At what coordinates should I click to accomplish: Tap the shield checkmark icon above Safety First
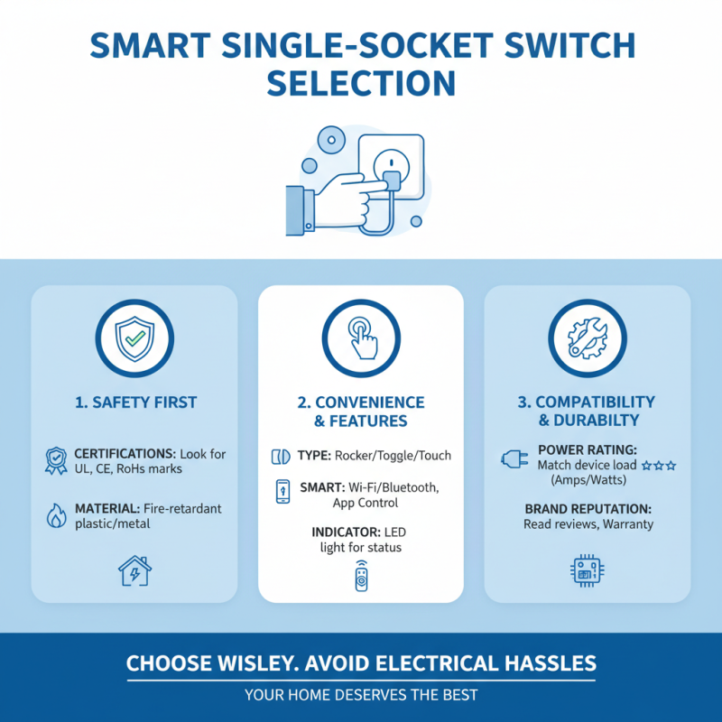(x=134, y=338)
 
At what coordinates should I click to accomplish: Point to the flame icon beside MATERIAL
(x=55, y=515)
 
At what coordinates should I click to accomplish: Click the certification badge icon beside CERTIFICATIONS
(x=55, y=460)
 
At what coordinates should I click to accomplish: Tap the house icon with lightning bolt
(x=134, y=570)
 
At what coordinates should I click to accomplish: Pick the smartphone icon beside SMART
(x=282, y=493)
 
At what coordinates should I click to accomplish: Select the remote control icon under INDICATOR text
(x=361, y=576)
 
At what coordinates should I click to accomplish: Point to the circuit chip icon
(x=587, y=570)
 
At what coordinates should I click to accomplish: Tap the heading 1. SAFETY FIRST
(x=134, y=403)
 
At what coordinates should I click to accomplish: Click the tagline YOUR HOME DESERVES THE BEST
(x=361, y=695)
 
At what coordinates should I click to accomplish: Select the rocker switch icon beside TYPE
(x=280, y=455)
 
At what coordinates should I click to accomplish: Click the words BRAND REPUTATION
(x=587, y=508)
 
